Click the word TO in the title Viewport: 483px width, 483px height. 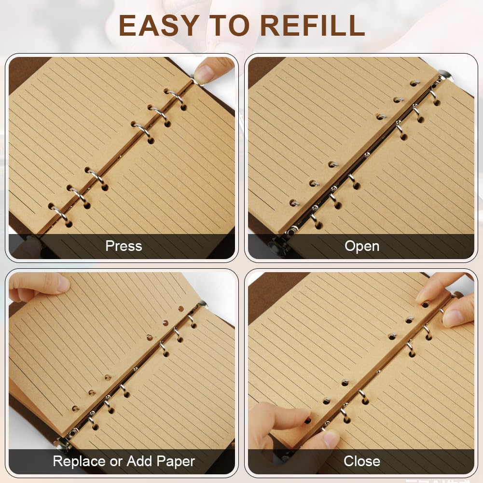(229, 26)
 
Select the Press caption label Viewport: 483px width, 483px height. (124, 246)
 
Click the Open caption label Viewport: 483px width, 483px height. (362, 246)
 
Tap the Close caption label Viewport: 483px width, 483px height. (361, 461)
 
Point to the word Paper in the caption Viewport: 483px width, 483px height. (176, 461)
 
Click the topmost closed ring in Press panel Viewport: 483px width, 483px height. (176, 97)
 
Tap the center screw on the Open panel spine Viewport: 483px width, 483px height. (367, 154)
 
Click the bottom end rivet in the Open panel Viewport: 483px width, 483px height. (290, 231)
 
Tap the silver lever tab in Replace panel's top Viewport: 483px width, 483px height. (202, 305)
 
